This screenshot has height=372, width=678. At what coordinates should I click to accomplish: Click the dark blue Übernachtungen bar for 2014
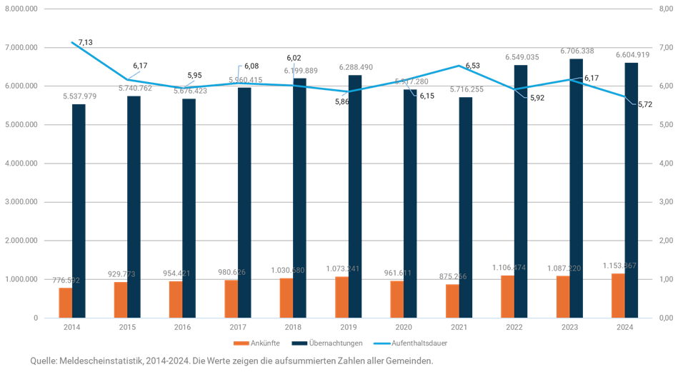(79, 214)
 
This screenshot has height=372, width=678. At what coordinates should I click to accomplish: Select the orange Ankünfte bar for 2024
(617, 296)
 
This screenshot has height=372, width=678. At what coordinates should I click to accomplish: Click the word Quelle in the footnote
(42, 361)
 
